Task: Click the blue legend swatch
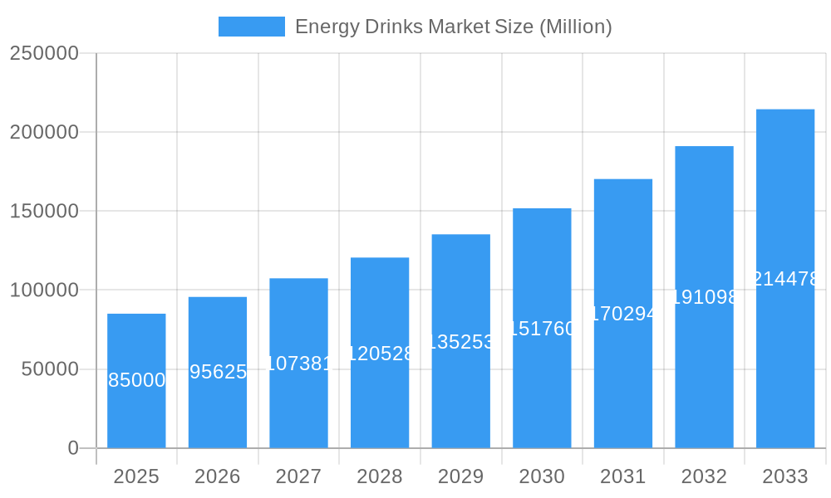coord(251,27)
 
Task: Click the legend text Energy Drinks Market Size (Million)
coord(453,27)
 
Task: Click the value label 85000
coord(136,380)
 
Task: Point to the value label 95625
coord(218,372)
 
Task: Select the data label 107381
coord(298,364)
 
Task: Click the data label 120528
coord(380,354)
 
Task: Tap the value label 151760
coord(542,329)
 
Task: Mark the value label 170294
coord(623,314)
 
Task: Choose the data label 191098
coord(704,297)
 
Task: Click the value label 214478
coord(785,279)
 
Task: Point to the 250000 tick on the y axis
coord(44,53)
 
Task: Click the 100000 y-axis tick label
coord(44,290)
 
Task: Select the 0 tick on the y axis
coord(73,448)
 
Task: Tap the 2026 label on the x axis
coord(218,476)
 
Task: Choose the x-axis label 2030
coord(542,476)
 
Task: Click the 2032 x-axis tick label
coord(704,476)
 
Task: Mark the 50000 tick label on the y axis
coord(50,369)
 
